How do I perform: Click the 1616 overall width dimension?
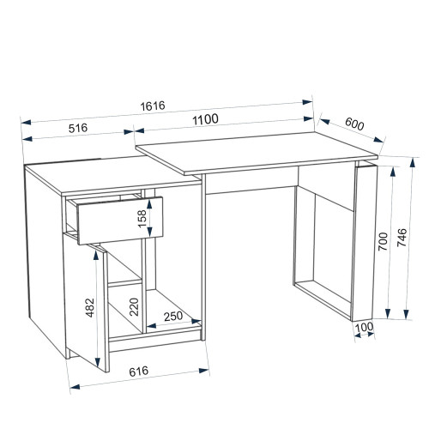[153, 106]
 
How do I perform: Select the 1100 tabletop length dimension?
[205, 119]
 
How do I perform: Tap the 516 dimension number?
[78, 128]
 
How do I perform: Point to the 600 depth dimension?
[354, 124]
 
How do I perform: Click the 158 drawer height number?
[142, 219]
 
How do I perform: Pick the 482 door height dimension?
[90, 308]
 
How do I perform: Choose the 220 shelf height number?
[134, 307]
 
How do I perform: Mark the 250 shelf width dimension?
[173, 317]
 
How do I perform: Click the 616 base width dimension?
[139, 372]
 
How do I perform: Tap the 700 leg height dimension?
[384, 242]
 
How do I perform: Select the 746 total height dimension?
[402, 238]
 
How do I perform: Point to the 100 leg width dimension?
[364, 327]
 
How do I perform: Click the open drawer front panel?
[120, 221]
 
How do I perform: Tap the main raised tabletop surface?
[257, 153]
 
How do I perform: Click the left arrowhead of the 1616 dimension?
[26, 122]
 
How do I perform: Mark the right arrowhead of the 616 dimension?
[203, 371]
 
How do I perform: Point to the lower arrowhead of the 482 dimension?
[98, 362]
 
